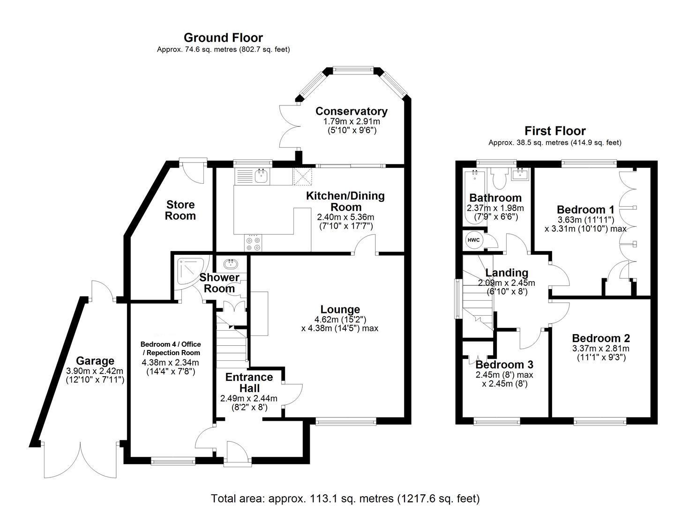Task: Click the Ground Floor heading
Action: click(223, 37)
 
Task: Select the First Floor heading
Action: click(555, 131)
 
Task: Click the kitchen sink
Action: click(261, 176)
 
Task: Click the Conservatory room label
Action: click(351, 111)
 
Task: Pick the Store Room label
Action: click(180, 210)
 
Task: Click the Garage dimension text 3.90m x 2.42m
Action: click(95, 371)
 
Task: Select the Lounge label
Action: click(340, 309)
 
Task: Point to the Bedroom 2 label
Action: click(601, 338)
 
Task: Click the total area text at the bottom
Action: click(345, 498)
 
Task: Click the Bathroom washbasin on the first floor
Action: click(520, 175)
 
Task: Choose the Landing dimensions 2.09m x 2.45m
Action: click(506, 283)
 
